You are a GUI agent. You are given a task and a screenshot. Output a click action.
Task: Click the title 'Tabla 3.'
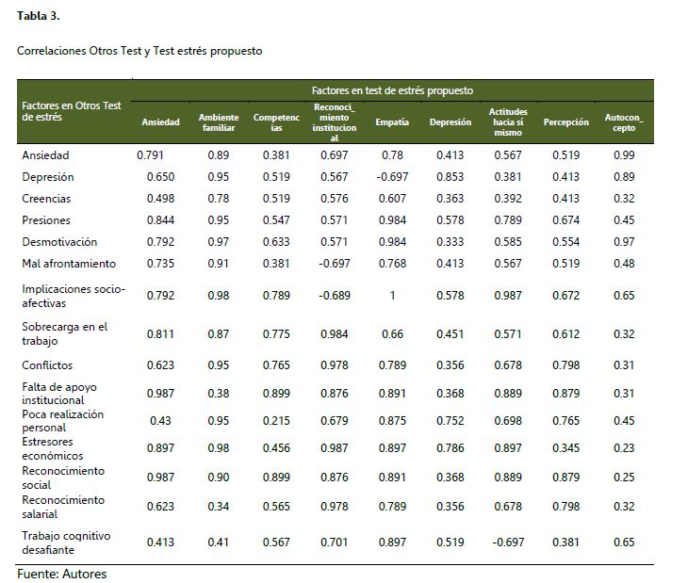39,16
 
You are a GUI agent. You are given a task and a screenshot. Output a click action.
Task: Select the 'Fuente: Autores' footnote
62,574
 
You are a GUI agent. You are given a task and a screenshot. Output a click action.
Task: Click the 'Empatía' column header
392,122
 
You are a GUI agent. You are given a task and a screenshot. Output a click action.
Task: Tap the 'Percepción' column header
565,122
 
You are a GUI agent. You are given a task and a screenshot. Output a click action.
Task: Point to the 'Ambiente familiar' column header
219,122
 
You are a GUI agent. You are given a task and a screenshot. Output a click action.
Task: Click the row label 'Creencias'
46,199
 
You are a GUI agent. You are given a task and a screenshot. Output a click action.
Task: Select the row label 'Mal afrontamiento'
69,264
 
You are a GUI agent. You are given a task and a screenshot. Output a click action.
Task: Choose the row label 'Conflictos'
47,365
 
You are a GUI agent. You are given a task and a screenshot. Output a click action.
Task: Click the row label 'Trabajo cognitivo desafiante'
66,543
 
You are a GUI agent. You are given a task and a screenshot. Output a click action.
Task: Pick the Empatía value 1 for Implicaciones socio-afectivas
392,296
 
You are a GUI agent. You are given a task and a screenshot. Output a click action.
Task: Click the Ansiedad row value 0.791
151,155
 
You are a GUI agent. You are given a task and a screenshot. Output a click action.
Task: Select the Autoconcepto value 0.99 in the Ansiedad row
622,155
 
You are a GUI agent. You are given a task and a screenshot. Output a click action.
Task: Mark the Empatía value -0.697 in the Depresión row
392,177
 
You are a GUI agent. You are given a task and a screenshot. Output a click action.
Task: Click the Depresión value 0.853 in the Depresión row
450,177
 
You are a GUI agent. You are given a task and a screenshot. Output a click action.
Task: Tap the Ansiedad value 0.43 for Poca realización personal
160,420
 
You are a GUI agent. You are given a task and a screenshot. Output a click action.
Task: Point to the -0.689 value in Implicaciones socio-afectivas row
334,296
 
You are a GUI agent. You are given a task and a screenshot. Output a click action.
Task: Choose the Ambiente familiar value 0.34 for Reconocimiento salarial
219,507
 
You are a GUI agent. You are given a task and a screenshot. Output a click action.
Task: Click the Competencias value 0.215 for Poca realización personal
276,420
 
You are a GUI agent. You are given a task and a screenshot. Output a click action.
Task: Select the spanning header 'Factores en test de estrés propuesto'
392,90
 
